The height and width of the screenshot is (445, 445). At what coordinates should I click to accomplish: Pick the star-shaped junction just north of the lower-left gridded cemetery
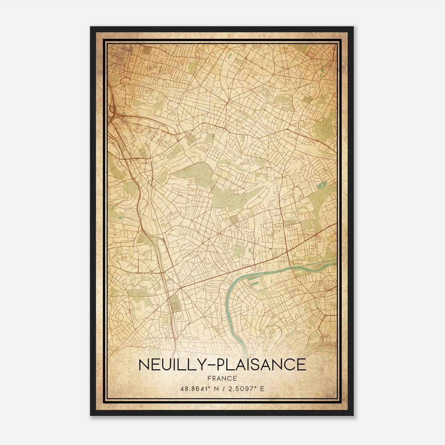(x=181, y=288)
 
